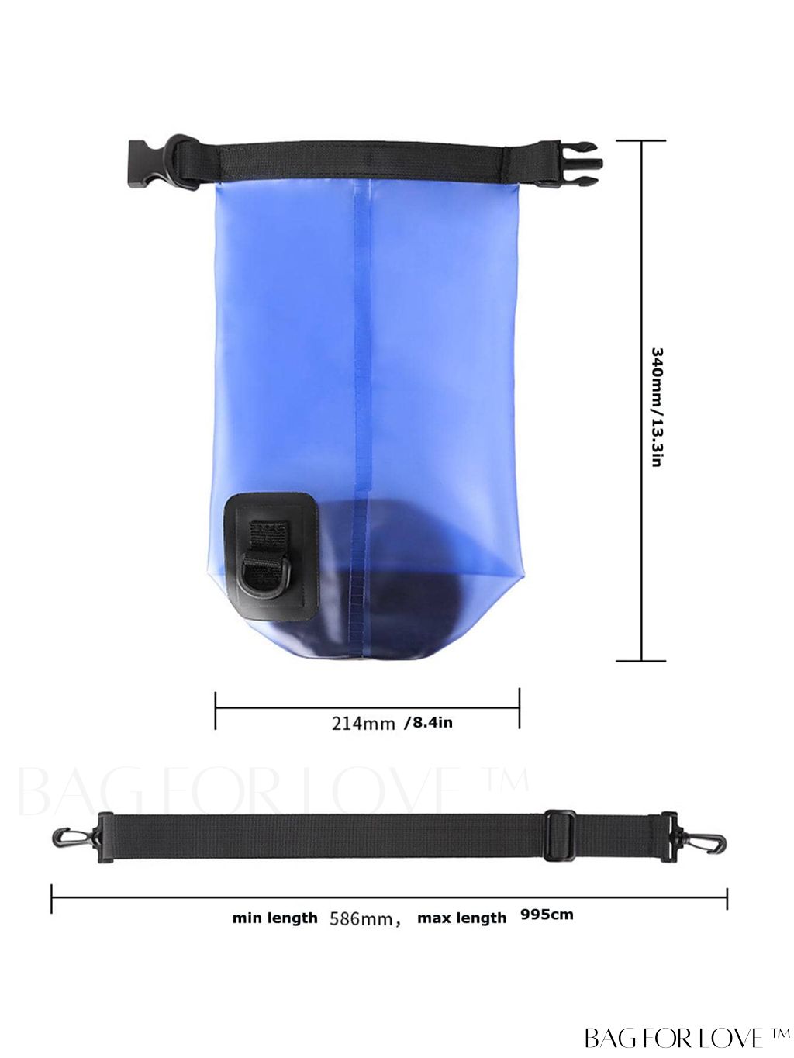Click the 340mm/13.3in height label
(656, 406)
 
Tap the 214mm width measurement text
(364, 724)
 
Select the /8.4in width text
(428, 723)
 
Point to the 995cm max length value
(547, 915)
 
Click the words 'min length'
(275, 918)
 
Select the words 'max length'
(461, 918)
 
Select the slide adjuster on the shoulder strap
(560, 835)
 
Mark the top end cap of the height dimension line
(641, 141)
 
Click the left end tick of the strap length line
(52, 898)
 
